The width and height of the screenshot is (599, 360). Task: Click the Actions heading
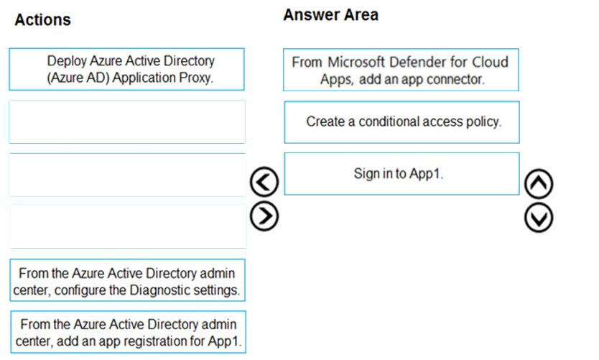43,20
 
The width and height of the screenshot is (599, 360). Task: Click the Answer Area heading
331,15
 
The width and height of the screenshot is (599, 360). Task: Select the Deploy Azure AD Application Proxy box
127,69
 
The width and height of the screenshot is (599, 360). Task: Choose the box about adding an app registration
129,332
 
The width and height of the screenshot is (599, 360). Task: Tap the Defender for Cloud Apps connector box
401,70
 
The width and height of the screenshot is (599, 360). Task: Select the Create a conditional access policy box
402,122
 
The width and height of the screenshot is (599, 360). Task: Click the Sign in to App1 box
402,174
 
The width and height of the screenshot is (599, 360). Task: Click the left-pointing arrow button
264,182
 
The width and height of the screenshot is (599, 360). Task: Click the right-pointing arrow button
264,216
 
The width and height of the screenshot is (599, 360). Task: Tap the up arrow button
539,184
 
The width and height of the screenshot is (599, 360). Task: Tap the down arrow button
539,218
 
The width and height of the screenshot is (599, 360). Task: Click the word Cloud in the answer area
490,62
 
